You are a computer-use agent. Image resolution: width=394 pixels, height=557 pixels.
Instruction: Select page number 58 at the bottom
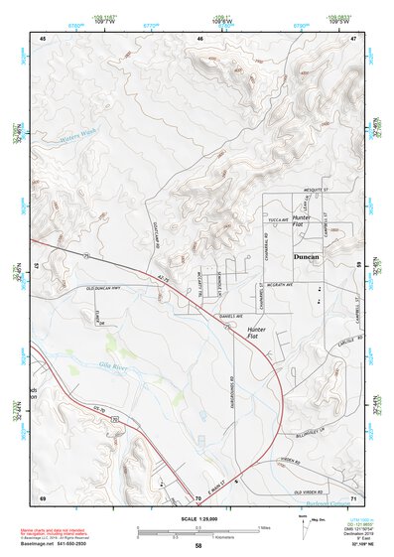click(198, 546)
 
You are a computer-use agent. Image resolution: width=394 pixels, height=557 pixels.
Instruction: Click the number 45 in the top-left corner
click(43, 37)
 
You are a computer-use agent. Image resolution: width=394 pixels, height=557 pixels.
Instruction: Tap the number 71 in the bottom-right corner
click(353, 496)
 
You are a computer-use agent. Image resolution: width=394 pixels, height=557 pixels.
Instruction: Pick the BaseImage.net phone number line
click(55, 545)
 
